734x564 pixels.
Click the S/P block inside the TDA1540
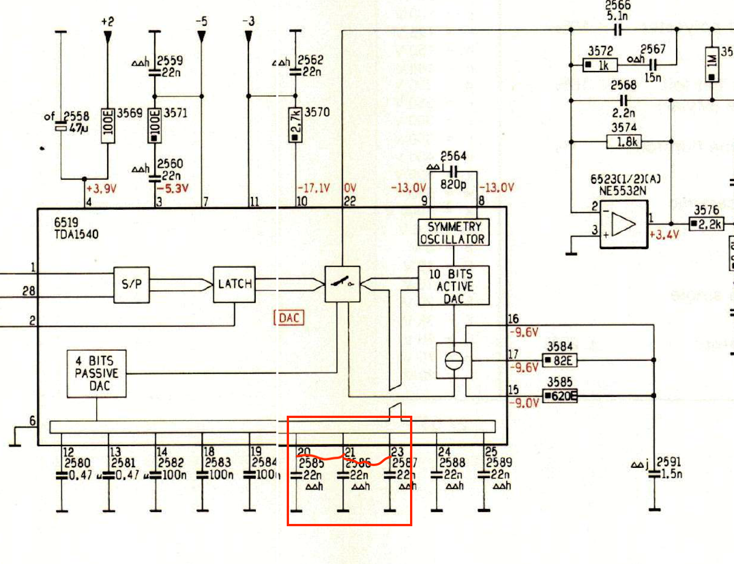[131, 285]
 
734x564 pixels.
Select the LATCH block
[234, 284]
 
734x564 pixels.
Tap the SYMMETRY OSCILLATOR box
[453, 233]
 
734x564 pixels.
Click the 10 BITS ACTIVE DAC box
[454, 286]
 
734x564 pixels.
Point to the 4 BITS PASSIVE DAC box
[96, 374]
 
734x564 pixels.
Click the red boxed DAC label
[289, 318]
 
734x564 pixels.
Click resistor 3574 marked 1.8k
[624, 141]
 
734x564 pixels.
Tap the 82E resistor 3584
[559, 361]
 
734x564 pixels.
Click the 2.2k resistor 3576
[706, 224]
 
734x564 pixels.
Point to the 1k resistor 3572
[600, 65]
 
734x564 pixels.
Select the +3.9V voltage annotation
[101, 189]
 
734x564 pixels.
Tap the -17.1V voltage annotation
[313, 188]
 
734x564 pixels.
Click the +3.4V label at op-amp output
[664, 234]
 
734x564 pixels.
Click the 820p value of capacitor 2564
[453, 184]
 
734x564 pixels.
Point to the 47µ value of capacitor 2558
[79, 128]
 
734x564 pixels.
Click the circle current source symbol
[454, 360]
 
